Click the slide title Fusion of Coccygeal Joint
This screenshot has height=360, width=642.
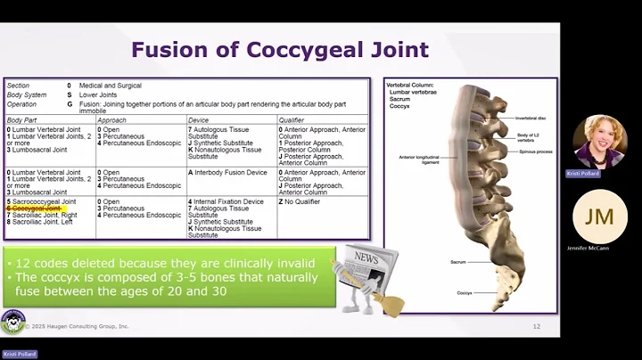(280, 49)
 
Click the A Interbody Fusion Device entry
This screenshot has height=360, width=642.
(227, 172)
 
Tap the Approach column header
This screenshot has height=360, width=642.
(111, 119)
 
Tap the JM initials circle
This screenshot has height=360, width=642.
(593, 217)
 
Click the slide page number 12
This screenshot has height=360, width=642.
(537, 326)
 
